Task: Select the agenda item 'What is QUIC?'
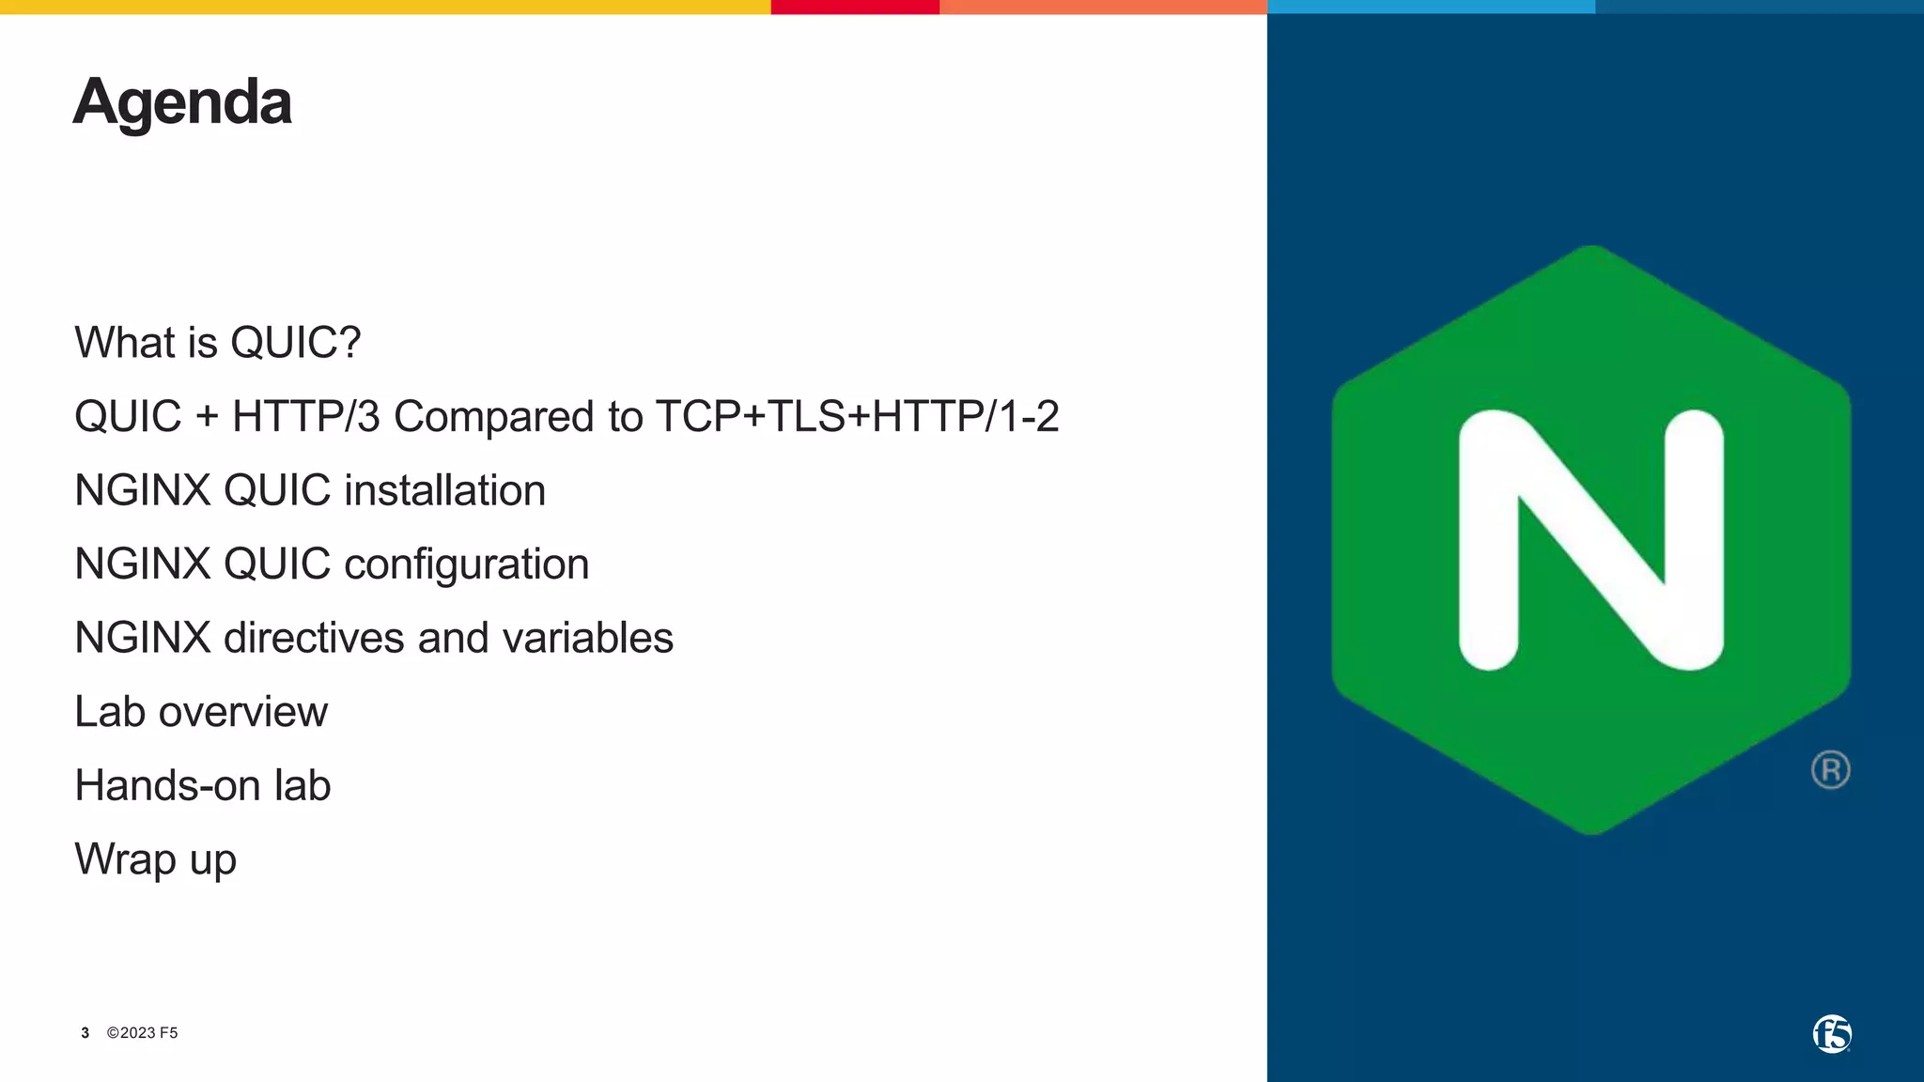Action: (217, 342)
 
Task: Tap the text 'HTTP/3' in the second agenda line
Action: (305, 416)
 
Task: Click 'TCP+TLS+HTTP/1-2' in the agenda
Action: (857, 416)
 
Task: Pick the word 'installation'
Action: (444, 490)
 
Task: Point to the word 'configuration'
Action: (466, 564)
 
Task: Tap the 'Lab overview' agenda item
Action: (201, 712)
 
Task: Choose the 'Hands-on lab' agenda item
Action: (202, 785)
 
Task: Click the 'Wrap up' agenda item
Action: (155, 859)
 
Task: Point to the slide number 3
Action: (85, 1033)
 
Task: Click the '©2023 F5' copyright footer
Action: (142, 1033)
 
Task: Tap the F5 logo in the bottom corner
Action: (1831, 1034)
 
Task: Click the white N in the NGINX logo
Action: (1590, 540)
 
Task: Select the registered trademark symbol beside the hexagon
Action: (1830, 770)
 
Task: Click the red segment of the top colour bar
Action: (854, 7)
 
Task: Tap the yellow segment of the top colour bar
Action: (385, 7)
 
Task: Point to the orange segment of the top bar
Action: (1103, 7)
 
